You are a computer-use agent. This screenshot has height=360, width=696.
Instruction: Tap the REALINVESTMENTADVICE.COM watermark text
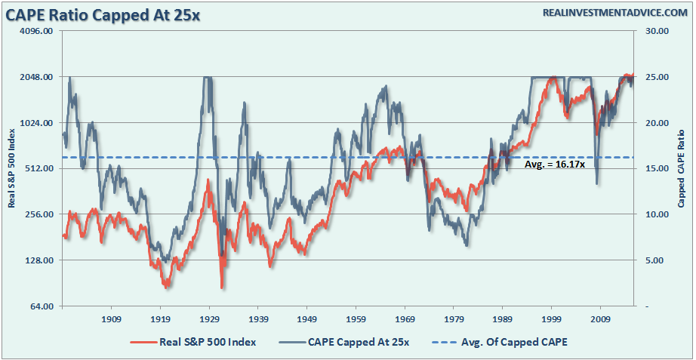point(611,13)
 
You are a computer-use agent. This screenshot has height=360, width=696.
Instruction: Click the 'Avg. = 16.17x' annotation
point(555,164)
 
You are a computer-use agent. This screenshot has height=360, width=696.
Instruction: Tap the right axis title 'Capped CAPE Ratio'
point(682,169)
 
